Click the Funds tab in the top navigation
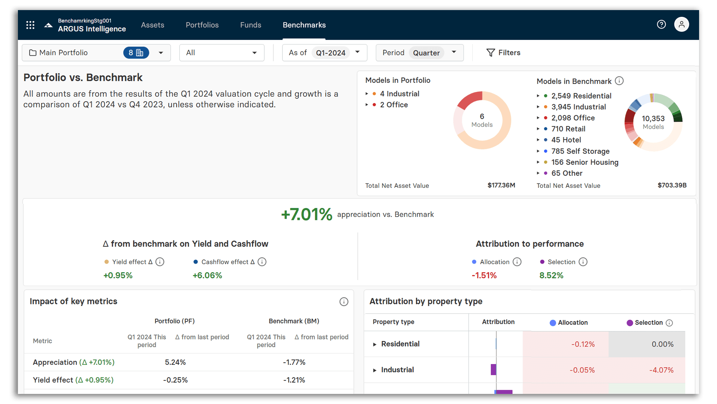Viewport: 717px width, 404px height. pyautogui.click(x=251, y=25)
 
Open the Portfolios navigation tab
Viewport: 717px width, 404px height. pyautogui.click(x=202, y=25)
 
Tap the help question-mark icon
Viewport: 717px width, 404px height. pyautogui.click(x=661, y=25)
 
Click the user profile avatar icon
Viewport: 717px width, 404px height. pyautogui.click(x=681, y=25)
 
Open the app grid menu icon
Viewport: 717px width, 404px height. pyautogui.click(x=30, y=25)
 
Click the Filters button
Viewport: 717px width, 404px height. pyautogui.click(x=503, y=53)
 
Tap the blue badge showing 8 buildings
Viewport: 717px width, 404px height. pyautogui.click(x=136, y=53)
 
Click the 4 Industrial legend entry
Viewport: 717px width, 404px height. pyautogui.click(x=399, y=94)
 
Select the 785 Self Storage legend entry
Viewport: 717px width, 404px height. pyautogui.click(x=580, y=151)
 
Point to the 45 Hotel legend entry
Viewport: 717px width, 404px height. pyautogui.click(x=566, y=140)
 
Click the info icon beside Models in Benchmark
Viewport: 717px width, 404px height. pyautogui.click(x=619, y=81)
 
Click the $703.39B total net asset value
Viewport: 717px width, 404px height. pyautogui.click(x=672, y=185)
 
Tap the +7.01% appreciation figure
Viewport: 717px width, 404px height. pyautogui.click(x=306, y=215)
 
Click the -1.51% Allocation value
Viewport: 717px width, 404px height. pyautogui.click(x=484, y=276)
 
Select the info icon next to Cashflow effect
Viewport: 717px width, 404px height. pyautogui.click(x=262, y=262)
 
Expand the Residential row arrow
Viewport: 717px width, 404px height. pyautogui.click(x=375, y=344)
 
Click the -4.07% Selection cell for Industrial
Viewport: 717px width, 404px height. pyautogui.click(x=661, y=370)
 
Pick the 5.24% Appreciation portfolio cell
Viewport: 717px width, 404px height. pyautogui.click(x=175, y=362)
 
